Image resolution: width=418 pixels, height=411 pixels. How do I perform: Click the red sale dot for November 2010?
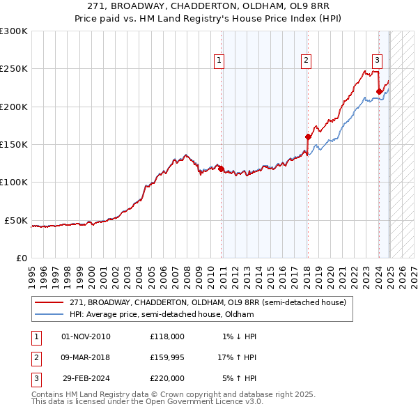tap(222, 169)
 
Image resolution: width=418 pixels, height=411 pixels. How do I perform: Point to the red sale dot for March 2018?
tap(307, 137)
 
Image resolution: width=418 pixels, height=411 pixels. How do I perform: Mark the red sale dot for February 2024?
tap(379, 91)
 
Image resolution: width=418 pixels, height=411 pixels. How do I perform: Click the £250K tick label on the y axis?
tap(14, 69)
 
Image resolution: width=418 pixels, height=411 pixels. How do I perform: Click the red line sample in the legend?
tap(49, 302)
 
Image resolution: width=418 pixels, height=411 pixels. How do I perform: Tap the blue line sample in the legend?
tap(49, 314)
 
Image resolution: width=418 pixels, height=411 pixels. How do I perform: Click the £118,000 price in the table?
tap(167, 336)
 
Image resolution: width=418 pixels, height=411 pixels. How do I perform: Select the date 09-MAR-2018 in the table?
tap(86, 357)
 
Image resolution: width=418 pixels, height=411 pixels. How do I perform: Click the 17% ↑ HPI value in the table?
tap(237, 357)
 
